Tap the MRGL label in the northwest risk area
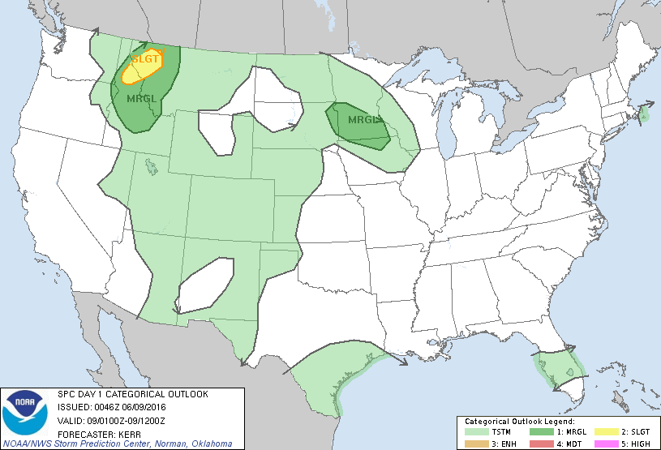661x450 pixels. (x=141, y=98)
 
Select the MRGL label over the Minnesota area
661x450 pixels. (x=363, y=120)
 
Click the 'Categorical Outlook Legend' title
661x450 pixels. (x=519, y=422)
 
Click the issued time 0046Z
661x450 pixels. (x=101, y=407)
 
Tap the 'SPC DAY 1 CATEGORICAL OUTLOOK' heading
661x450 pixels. (x=132, y=394)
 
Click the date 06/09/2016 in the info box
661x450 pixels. (x=145, y=407)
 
